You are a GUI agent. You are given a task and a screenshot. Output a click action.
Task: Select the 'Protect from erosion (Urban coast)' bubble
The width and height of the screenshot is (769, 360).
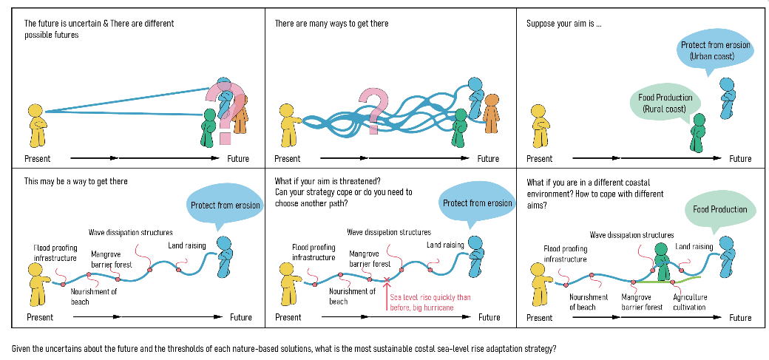(x=715, y=51)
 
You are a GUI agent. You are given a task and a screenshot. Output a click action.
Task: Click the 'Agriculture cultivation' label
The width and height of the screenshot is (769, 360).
(x=689, y=302)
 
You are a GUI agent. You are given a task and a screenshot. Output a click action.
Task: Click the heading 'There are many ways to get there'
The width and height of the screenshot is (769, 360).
(x=331, y=24)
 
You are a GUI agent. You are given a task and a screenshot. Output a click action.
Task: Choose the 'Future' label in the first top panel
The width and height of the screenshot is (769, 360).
(x=238, y=159)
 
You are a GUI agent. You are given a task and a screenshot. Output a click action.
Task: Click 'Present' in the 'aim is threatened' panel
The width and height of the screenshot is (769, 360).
(x=288, y=317)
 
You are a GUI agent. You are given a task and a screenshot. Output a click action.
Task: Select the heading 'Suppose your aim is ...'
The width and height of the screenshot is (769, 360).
(x=563, y=24)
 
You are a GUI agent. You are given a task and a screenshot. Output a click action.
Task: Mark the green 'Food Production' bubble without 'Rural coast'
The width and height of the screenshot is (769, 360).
(x=719, y=210)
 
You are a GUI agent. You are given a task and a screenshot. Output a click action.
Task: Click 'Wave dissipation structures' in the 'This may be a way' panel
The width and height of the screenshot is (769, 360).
(x=130, y=232)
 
